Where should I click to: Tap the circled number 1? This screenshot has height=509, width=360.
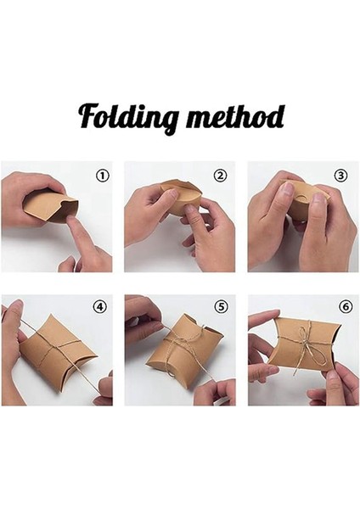tap(102, 176)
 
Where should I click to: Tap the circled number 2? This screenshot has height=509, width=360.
tap(220, 176)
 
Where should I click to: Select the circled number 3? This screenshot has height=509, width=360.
tap(341, 176)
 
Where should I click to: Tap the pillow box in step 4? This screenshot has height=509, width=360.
tap(53, 352)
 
